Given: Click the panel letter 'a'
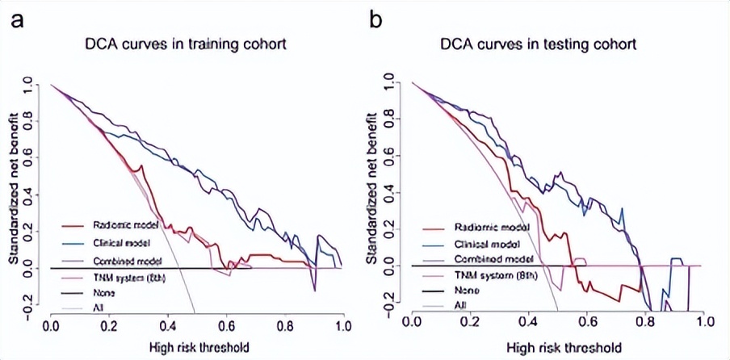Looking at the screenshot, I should (x=15, y=19).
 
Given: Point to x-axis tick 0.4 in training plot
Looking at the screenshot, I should (x=168, y=325).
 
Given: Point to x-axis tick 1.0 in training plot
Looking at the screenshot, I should (x=343, y=325).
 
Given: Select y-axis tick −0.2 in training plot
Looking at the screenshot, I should (x=29, y=311).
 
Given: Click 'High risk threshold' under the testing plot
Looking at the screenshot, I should (x=558, y=348).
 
